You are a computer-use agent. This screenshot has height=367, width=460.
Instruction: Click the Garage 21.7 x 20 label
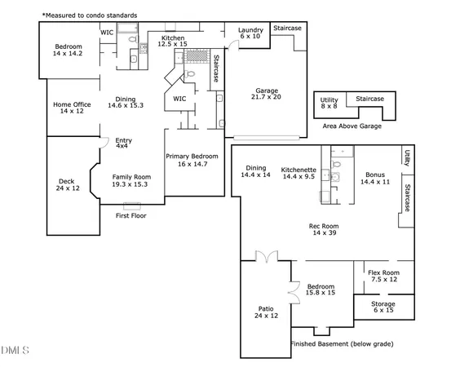click(x=268, y=94)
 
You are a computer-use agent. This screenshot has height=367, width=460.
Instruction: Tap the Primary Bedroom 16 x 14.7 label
click(x=192, y=160)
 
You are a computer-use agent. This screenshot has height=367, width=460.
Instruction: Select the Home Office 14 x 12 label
click(x=72, y=108)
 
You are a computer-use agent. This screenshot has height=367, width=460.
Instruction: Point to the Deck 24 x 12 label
click(x=69, y=185)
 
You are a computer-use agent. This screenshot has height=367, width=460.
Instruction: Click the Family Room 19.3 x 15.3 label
click(x=131, y=181)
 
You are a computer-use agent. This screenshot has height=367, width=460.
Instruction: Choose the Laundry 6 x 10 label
click(x=250, y=33)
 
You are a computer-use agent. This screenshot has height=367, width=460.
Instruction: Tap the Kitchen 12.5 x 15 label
click(x=173, y=42)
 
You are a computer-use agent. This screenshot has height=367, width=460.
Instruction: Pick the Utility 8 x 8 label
click(x=329, y=102)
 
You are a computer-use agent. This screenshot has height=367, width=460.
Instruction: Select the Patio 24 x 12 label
click(x=266, y=312)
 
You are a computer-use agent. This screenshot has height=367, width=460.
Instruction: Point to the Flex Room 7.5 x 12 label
click(x=383, y=276)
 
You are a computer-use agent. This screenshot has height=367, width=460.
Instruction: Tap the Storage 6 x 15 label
click(x=383, y=307)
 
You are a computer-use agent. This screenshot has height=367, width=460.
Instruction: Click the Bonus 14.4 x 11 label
click(x=375, y=179)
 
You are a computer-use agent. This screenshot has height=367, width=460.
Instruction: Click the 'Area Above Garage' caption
click(x=352, y=126)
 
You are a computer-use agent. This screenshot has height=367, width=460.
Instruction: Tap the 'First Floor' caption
click(x=130, y=216)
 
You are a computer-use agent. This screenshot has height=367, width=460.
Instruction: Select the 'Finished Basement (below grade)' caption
click(x=342, y=344)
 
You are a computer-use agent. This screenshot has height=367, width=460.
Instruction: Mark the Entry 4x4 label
click(x=123, y=143)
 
